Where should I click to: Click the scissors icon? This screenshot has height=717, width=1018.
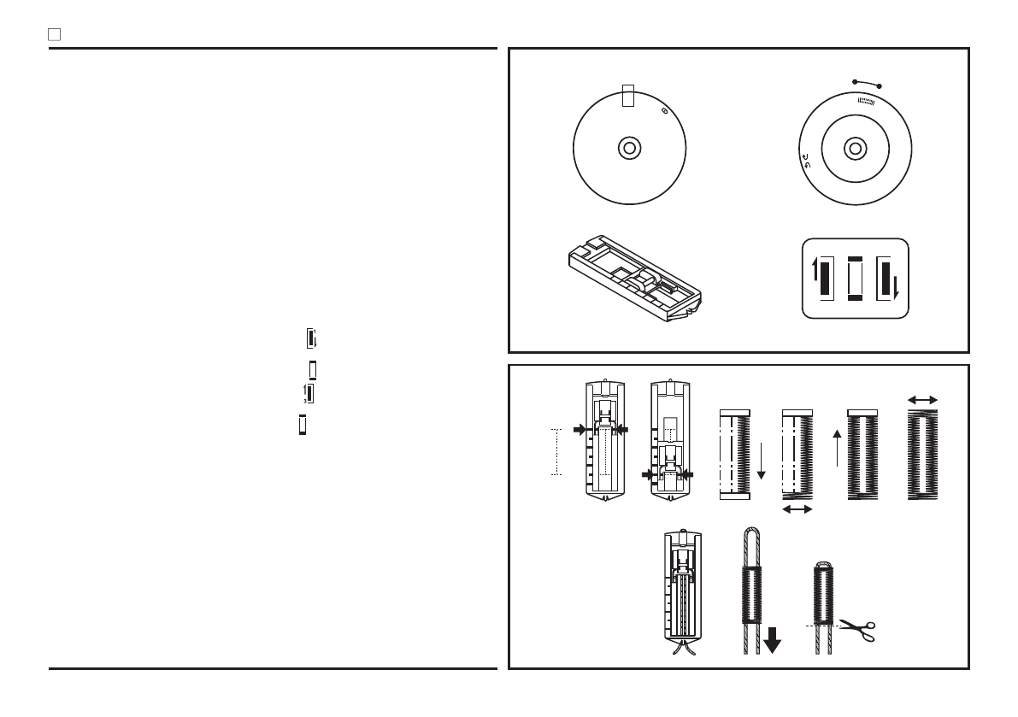(858, 631)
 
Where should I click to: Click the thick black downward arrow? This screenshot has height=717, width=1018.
(773, 640)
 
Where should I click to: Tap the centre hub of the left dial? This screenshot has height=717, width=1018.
(628, 148)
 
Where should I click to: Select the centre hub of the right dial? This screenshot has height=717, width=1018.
(853, 148)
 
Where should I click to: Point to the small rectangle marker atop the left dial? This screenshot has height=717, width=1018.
(628, 95)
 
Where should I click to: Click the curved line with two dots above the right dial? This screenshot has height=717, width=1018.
(867, 83)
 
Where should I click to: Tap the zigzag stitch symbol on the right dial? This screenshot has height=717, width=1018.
(866, 101)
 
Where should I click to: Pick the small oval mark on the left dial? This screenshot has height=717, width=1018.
(665, 110)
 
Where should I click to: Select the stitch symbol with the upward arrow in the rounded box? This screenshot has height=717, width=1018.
(822, 279)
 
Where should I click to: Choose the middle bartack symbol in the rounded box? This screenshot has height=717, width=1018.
(854, 279)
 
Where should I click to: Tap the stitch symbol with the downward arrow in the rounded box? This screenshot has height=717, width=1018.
(886, 279)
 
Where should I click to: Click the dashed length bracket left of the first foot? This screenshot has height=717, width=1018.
(556, 451)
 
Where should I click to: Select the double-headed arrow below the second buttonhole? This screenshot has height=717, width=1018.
(797, 509)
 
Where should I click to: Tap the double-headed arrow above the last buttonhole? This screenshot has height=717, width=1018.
(922, 399)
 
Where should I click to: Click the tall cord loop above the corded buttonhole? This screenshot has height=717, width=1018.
(751, 544)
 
